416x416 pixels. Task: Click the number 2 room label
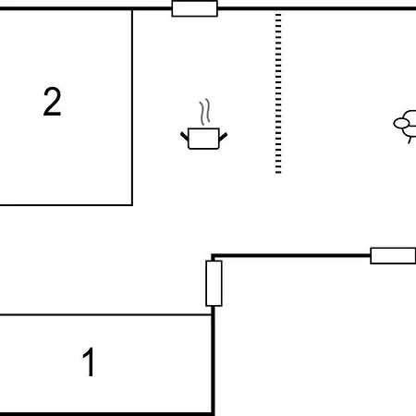(x=53, y=102)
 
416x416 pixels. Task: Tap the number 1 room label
(x=89, y=361)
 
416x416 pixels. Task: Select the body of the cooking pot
(x=203, y=139)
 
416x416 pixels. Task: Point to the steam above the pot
(x=205, y=112)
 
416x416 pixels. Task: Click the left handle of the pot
(x=184, y=136)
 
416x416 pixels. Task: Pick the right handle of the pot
(x=223, y=137)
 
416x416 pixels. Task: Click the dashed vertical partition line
(x=278, y=93)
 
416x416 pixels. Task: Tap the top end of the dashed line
(x=278, y=14)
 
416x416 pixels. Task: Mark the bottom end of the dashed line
(x=278, y=173)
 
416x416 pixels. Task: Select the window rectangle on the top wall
(x=195, y=8)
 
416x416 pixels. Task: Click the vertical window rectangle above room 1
(x=214, y=284)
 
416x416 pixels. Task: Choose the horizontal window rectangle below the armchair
(x=393, y=256)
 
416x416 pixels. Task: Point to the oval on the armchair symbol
(x=401, y=124)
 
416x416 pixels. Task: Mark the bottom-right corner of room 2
(x=132, y=205)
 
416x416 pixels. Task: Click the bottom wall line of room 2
(x=67, y=205)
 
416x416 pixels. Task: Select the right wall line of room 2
(x=132, y=107)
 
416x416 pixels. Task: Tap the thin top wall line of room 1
(x=105, y=315)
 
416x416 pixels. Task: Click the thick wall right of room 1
(x=213, y=361)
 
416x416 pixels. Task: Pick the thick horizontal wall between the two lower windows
(x=291, y=255)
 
